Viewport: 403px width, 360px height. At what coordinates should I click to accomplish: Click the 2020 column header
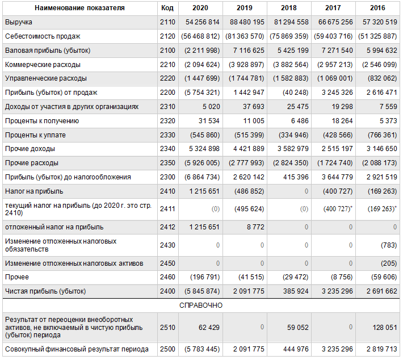pyautogui.click(x=200, y=8)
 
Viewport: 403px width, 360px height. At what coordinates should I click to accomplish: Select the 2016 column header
pyautogui.click(x=377, y=8)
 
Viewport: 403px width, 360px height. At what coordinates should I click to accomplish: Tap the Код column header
pyautogui.click(x=167, y=8)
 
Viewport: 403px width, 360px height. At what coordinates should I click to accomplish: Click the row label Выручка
pyautogui.click(x=19, y=22)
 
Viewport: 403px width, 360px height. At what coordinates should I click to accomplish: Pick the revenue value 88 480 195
pyautogui.click(x=247, y=22)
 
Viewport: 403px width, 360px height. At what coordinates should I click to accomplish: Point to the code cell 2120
pyautogui.click(x=167, y=36)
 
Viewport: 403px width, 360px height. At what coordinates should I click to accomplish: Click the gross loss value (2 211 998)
pyautogui.click(x=202, y=51)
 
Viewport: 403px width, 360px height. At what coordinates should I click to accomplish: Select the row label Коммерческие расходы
pyautogui.click(x=43, y=65)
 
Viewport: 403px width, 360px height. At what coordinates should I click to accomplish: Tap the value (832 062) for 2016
pyautogui.click(x=382, y=78)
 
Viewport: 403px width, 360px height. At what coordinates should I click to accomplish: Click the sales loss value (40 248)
pyautogui.click(x=296, y=93)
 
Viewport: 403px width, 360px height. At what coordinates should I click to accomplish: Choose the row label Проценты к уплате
pyautogui.click(x=35, y=135)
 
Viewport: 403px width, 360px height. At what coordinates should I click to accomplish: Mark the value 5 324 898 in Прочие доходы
pyautogui.click(x=204, y=149)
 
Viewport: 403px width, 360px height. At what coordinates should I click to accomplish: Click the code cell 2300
pyautogui.click(x=167, y=177)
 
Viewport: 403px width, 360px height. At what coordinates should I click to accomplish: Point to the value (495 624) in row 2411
pyautogui.click(x=249, y=209)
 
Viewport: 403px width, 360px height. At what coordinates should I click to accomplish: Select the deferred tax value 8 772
pyautogui.click(x=255, y=227)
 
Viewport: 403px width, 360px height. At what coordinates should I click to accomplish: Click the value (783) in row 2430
pyautogui.click(x=389, y=245)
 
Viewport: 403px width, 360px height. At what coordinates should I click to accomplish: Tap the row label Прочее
pyautogui.click(x=17, y=277)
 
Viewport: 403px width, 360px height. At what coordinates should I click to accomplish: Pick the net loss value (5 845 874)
pyautogui.click(x=202, y=291)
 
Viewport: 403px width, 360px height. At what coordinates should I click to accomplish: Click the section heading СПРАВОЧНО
pyautogui.click(x=201, y=305)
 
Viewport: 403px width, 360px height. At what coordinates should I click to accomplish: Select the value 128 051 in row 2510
pyautogui.click(x=385, y=328)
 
